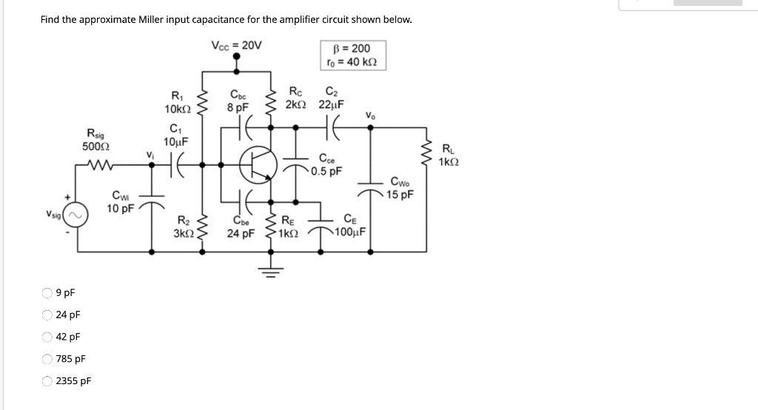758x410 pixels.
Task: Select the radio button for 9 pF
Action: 47,292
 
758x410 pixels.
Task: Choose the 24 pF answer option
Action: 47,315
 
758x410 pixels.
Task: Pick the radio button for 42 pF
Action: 47,337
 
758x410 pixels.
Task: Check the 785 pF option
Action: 47,359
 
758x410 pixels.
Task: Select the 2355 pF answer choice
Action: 47,381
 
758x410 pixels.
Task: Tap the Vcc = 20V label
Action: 236,44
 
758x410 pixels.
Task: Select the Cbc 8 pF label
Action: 238,100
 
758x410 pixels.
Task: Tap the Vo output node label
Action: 369,115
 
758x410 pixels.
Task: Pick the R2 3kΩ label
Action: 182,226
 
